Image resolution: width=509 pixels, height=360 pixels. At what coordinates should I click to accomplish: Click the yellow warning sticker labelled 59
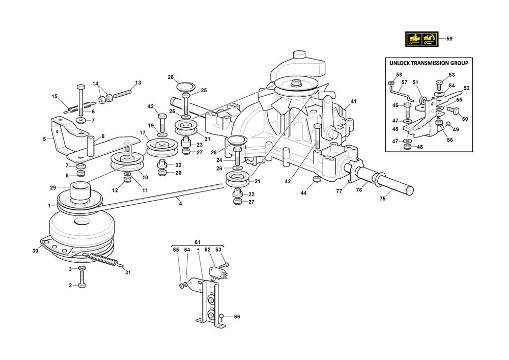(x=421, y=39)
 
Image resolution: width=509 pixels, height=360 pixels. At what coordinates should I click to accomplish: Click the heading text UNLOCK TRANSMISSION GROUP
(x=428, y=63)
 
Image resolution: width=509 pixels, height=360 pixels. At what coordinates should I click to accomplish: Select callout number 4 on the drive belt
(x=180, y=203)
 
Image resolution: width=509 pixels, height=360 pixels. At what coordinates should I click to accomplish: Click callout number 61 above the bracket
(x=197, y=241)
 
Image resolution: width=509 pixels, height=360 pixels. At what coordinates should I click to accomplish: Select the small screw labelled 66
(x=221, y=317)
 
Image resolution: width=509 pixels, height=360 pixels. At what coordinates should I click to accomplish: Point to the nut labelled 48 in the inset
(x=407, y=147)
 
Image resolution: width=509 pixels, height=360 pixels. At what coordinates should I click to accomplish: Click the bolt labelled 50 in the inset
(x=450, y=109)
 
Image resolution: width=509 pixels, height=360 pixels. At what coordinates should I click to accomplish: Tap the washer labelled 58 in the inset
(x=390, y=82)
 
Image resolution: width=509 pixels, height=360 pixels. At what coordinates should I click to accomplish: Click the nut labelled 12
(x=127, y=180)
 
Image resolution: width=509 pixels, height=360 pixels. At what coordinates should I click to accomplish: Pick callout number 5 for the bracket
(x=44, y=139)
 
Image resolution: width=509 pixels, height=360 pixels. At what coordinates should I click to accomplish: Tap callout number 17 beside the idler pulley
(x=136, y=134)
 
